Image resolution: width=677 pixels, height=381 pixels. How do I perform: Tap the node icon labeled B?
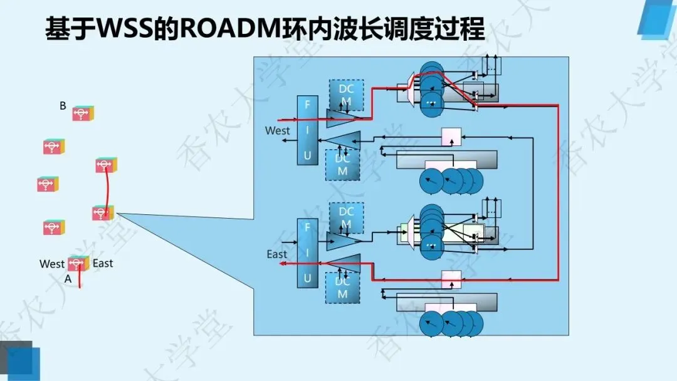point(83,113)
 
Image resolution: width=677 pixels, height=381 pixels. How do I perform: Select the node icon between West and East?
point(78,263)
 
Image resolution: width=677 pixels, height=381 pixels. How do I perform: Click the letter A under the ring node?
point(68,279)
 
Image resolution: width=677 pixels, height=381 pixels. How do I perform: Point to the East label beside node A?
point(103,263)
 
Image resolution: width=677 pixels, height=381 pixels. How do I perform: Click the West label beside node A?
point(52,264)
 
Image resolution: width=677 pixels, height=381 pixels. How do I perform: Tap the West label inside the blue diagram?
point(278,131)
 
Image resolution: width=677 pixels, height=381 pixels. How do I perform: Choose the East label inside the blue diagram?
point(277,254)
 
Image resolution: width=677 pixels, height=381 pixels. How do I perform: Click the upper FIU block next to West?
point(307,130)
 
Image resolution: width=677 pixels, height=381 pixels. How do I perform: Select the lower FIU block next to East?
point(307,253)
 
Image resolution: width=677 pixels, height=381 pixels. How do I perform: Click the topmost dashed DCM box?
point(346,95)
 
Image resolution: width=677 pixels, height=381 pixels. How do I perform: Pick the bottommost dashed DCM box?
point(342,288)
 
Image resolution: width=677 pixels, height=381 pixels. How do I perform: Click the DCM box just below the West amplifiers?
point(342,165)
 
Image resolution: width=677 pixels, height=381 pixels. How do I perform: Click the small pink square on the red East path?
point(451,279)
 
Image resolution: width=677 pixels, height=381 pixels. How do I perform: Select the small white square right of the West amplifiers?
point(451,135)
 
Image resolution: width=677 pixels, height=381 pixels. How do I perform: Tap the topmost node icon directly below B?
point(54,147)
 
